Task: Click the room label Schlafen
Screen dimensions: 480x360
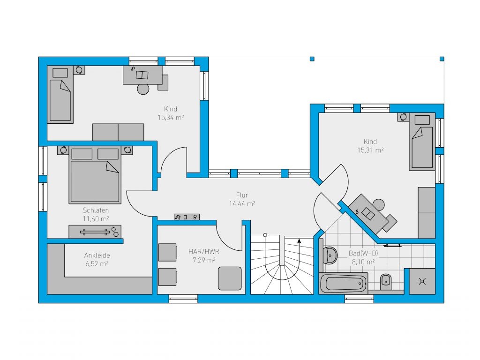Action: pos(96,210)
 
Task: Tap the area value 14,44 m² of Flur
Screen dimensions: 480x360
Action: pos(242,203)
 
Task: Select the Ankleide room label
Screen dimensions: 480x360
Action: pos(97,255)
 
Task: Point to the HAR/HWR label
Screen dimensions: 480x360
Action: pos(204,252)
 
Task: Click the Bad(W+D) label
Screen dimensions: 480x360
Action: pos(363,254)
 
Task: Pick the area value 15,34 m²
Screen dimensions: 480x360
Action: pos(171,117)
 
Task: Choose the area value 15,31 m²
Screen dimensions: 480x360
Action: pos(370,150)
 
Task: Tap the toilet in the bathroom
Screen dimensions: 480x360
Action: pos(385,281)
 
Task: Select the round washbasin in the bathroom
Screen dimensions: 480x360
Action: pos(330,255)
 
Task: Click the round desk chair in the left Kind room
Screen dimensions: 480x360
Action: pos(143,89)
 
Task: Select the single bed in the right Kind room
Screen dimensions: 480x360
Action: pos(422,142)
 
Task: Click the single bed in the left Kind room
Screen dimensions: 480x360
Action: pos(60,95)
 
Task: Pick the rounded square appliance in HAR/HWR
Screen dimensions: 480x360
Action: pos(230,278)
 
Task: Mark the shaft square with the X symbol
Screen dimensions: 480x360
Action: pos(422,281)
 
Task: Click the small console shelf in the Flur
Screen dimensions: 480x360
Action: pos(187,217)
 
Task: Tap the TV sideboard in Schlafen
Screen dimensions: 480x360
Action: pos(95,232)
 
